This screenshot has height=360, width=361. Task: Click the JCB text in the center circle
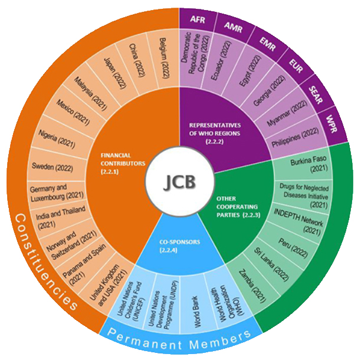pyautogui.click(x=179, y=181)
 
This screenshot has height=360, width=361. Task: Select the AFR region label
pyautogui.click(x=198, y=20)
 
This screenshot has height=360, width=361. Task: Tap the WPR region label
pyautogui.click(x=332, y=124)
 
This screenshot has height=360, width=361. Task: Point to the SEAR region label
pyautogui.click(x=315, y=95)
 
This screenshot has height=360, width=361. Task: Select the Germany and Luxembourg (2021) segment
pyautogui.click(x=57, y=193)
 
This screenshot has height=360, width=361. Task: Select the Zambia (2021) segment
pyautogui.click(x=252, y=286)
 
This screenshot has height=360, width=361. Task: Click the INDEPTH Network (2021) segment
pyautogui.click(x=299, y=222)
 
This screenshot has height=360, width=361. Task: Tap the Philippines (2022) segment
pyautogui.click(x=296, y=137)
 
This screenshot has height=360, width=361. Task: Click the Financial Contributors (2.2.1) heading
pyautogui.click(x=123, y=164)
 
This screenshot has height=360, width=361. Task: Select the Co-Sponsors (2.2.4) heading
pyautogui.click(x=179, y=246)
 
